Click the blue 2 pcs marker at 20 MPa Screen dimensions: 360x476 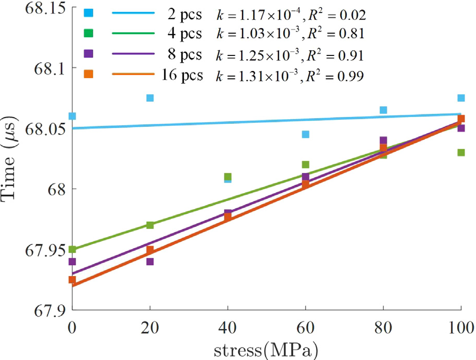pyautogui.click(x=150, y=98)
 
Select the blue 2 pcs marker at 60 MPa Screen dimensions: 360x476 pyautogui.click(x=306, y=135)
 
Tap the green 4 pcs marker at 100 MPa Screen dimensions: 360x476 pyautogui.click(x=461, y=153)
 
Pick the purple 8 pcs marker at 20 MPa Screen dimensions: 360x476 pyautogui.click(x=150, y=262)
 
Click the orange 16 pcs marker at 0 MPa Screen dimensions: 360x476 pyautogui.click(x=72, y=280)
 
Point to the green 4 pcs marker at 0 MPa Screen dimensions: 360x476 pyautogui.click(x=72, y=250)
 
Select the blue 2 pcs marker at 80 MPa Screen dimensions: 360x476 pyautogui.click(x=383, y=110)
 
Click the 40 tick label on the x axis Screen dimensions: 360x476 pyautogui.click(x=228, y=328)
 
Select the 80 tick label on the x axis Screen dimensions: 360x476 pyautogui.click(x=383, y=328)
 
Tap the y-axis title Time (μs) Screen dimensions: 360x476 pyautogui.click(x=11, y=161)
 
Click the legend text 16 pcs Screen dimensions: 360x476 pyautogui.click(x=183, y=75)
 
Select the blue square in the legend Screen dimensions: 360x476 pyautogui.click(x=88, y=11)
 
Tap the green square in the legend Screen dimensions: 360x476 pyautogui.click(x=88, y=33)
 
